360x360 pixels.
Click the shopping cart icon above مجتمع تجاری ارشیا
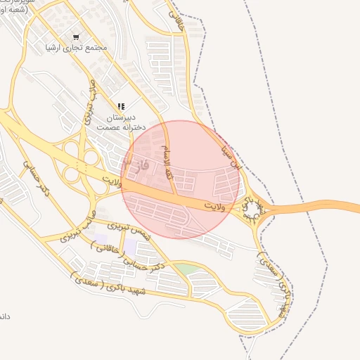(x=76, y=37)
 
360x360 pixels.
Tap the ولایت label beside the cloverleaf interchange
(x=111, y=182)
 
